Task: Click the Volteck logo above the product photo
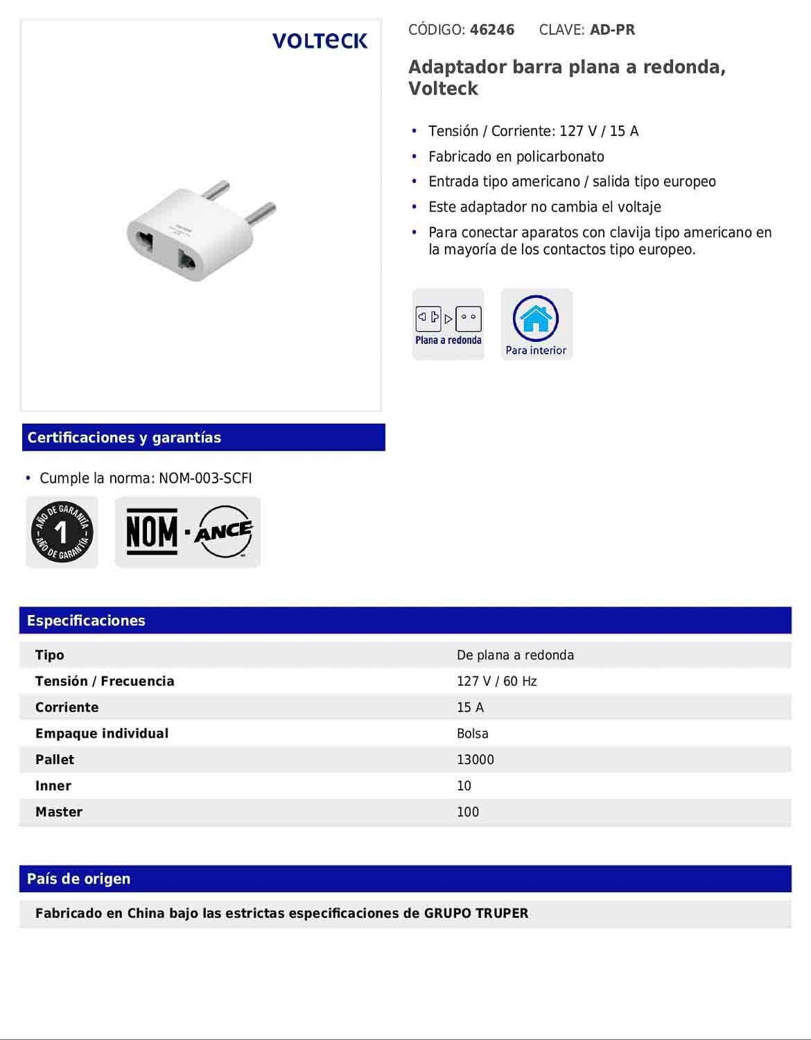[320, 41]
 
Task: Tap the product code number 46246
[492, 30]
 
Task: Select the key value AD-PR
[612, 30]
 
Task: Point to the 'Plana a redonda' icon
[448, 324]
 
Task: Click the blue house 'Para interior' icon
[536, 324]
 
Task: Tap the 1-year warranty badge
[62, 532]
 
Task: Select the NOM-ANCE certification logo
[188, 532]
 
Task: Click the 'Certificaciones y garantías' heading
[124, 437]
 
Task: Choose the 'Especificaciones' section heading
[86, 621]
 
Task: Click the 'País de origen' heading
[78, 878]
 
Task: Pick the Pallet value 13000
[476, 760]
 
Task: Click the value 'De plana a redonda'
[515, 655]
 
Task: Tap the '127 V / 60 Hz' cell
[496, 682]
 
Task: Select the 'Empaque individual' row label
[102, 734]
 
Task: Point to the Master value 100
[468, 812]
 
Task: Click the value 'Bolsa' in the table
[473, 734]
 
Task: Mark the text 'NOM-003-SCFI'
[205, 478]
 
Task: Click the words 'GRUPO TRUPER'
[476, 913]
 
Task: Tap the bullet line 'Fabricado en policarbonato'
[516, 157]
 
